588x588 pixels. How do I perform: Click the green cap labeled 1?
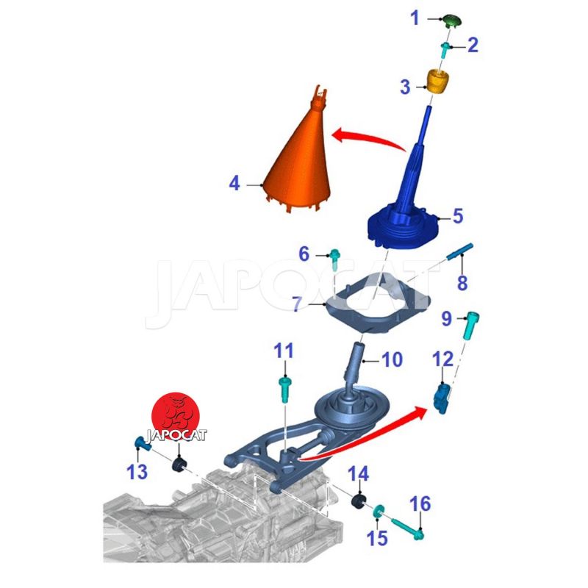coord(451,21)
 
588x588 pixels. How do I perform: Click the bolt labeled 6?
coord(334,259)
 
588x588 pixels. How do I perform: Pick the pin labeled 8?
coord(460,251)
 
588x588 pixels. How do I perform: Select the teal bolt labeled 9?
coord(470,325)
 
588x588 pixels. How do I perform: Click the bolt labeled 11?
coord(284,390)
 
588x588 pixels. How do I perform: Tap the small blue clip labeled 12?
coord(442,399)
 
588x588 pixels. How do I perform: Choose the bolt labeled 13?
coord(142,444)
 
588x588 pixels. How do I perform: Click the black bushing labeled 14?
coord(358,502)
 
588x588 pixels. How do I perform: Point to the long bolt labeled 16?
coord(408,528)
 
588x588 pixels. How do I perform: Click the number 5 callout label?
coord(458,216)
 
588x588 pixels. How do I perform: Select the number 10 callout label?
coord(392,359)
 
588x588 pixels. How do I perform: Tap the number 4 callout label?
coord(234,184)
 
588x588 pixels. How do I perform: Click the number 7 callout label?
coord(297,304)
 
